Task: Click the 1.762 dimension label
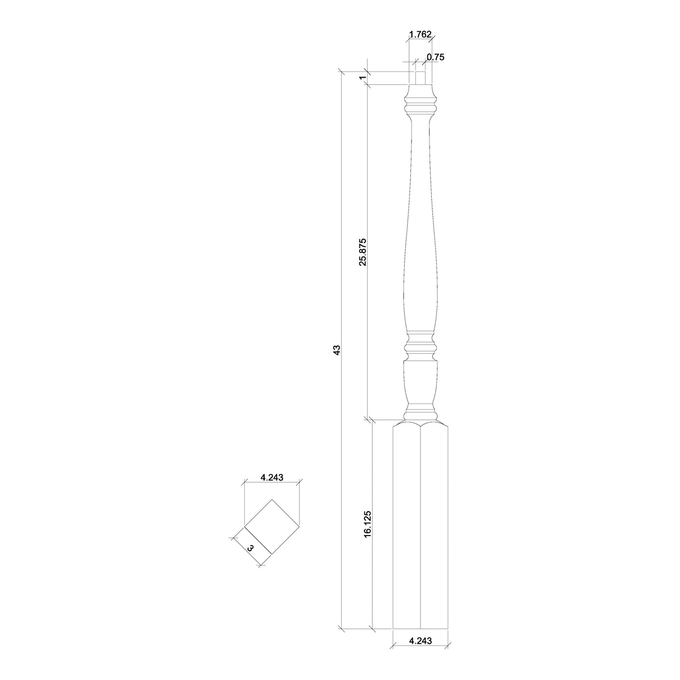[x=420, y=34]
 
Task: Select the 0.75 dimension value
[x=435, y=57]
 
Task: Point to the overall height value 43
[x=337, y=350]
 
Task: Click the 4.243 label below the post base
[x=420, y=641]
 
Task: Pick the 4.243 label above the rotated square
[x=272, y=477]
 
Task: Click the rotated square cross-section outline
[x=271, y=527]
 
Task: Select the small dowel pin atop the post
[x=420, y=78]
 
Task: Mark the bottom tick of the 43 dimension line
[x=342, y=628]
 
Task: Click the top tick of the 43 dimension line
[x=342, y=71]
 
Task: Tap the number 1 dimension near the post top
[x=361, y=78]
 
